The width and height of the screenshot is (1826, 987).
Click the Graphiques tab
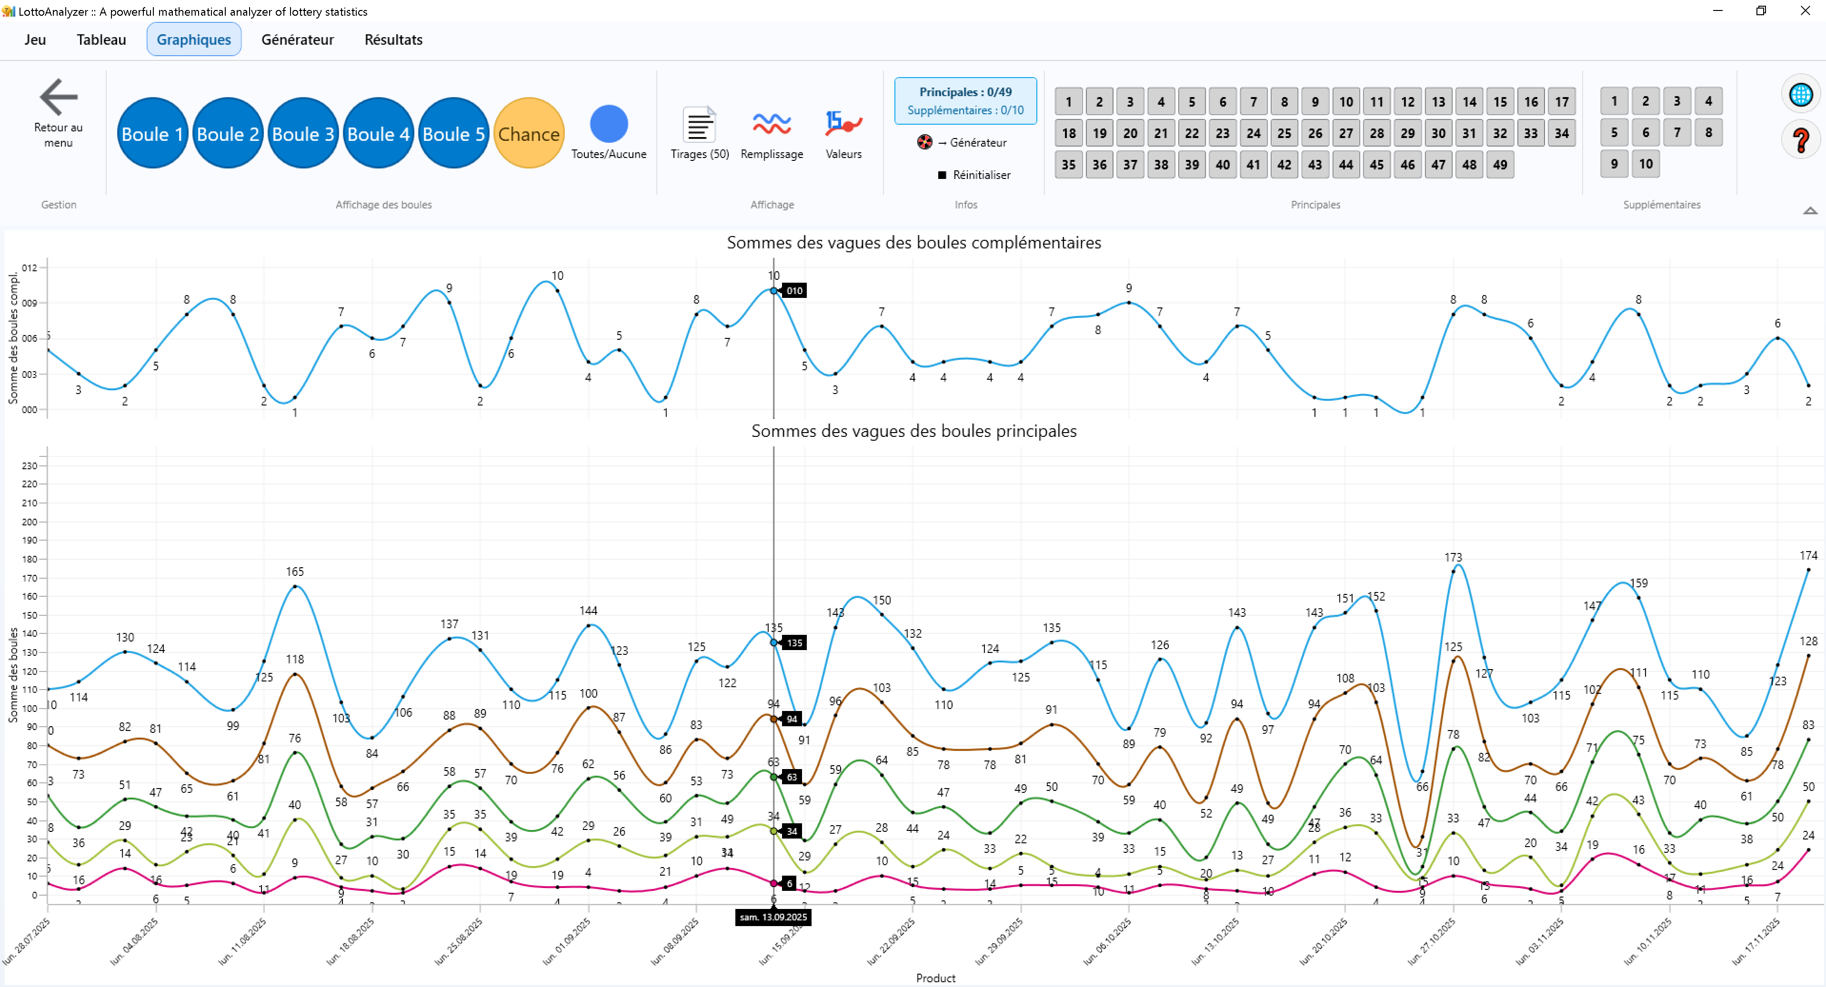point(193,39)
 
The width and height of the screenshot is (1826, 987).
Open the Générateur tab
point(297,39)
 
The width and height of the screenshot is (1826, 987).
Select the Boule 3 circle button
point(303,133)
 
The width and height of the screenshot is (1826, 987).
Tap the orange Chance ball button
point(529,133)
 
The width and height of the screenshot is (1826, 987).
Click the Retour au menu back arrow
point(58,98)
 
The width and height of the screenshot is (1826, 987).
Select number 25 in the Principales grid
point(1284,133)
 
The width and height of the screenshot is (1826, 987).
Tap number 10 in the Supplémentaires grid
point(1645,164)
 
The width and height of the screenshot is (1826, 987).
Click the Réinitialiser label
point(981,175)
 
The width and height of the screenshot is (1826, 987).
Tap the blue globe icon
point(1800,94)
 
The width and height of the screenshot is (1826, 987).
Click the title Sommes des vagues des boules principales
point(913,431)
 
